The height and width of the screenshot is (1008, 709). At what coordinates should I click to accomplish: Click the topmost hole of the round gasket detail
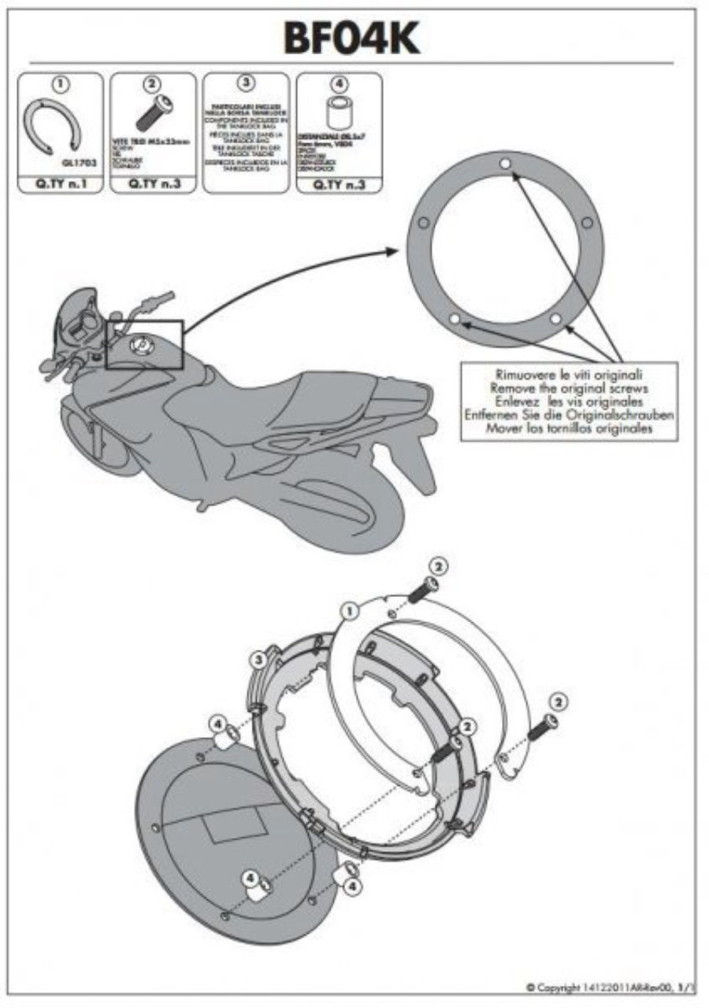click(x=505, y=164)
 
